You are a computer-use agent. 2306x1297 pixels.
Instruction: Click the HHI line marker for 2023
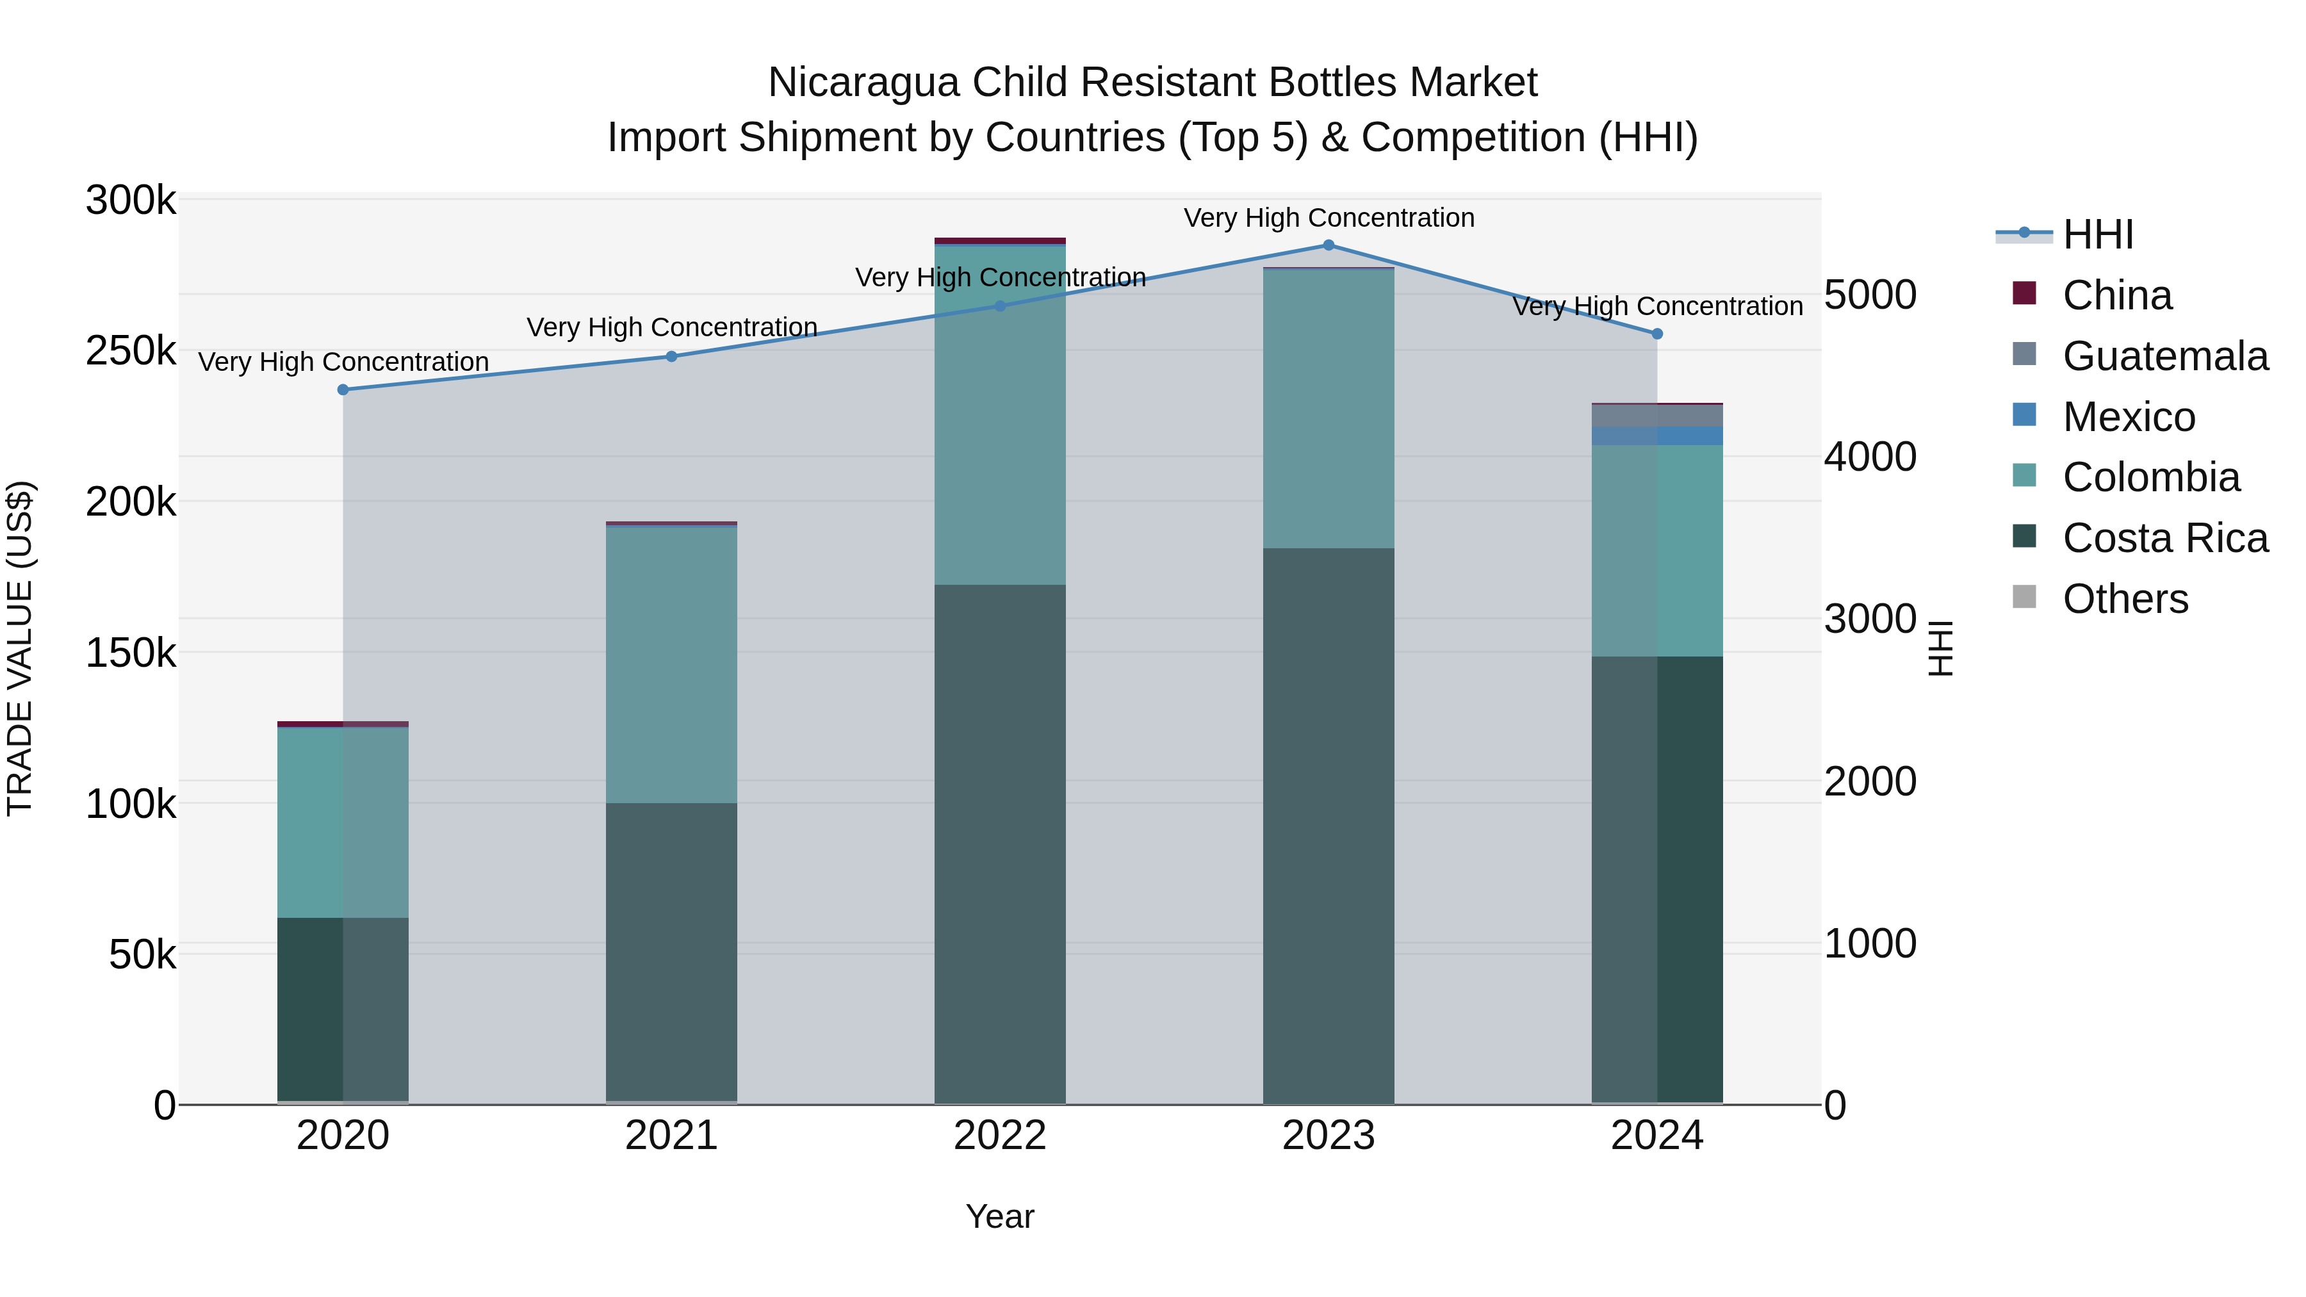click(1329, 245)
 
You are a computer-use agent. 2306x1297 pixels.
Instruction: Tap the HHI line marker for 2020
click(343, 390)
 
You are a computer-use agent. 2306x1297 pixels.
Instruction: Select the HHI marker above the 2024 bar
click(1657, 334)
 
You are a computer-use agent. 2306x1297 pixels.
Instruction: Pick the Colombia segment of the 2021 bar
click(671, 664)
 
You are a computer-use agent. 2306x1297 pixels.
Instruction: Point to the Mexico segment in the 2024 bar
click(1657, 436)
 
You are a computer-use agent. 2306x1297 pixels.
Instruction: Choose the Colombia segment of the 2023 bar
click(1329, 408)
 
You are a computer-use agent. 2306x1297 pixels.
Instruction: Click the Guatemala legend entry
click(2164, 356)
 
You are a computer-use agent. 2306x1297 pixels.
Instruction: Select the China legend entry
click(2116, 295)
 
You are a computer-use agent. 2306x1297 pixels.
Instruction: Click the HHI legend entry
click(2097, 234)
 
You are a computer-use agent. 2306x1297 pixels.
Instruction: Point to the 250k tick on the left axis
click(131, 351)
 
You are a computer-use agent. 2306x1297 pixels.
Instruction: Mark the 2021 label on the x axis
click(671, 1136)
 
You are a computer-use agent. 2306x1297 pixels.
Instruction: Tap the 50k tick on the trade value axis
click(142, 955)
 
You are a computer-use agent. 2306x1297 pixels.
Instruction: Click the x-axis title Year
click(1000, 1216)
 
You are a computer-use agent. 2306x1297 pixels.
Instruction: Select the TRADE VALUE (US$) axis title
click(20, 648)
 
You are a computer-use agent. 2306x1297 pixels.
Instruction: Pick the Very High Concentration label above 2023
click(1329, 218)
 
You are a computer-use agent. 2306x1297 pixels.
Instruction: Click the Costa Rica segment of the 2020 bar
click(343, 1009)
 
